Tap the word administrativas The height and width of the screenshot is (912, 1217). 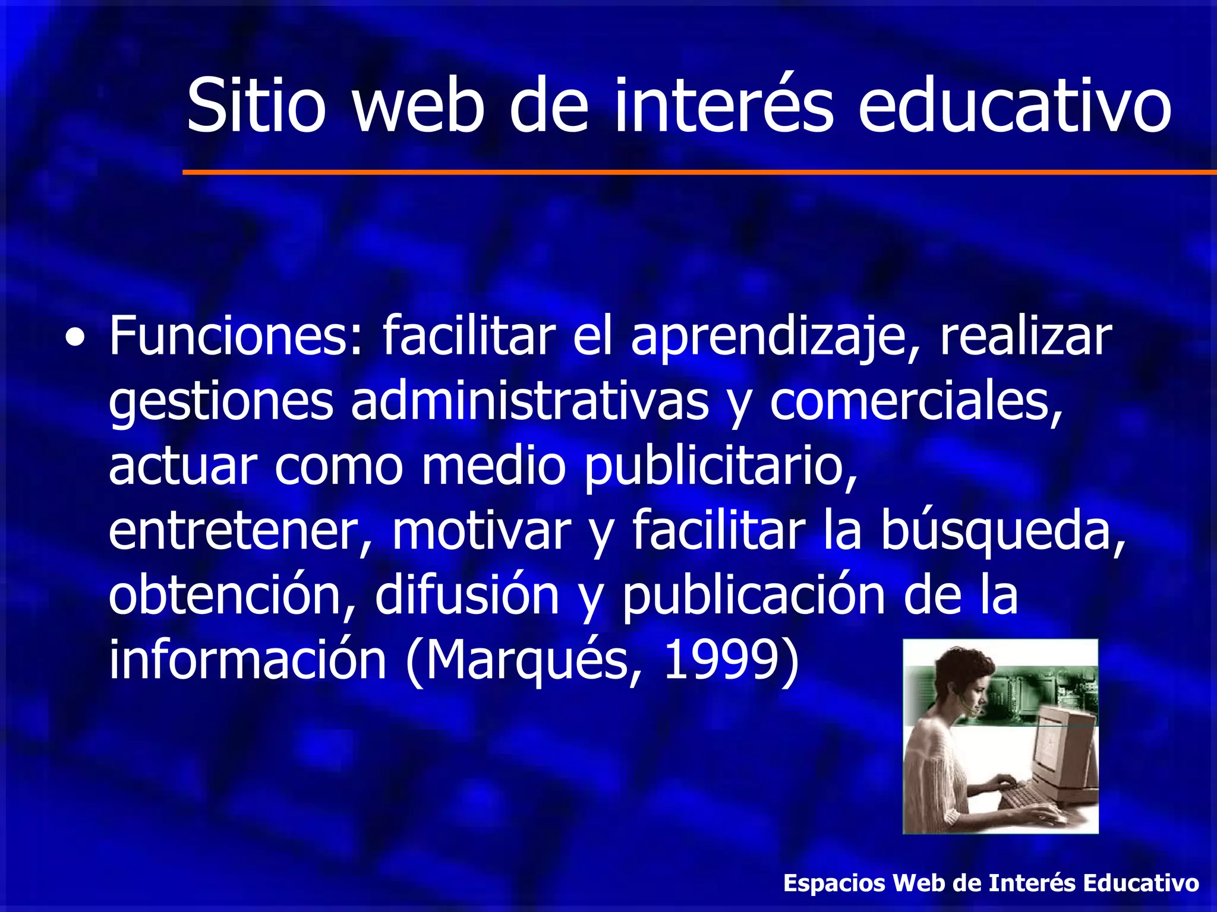pyautogui.click(x=529, y=403)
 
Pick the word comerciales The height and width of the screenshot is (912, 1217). pyautogui.click(x=916, y=403)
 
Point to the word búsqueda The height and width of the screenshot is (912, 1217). pyautogui.click(x=1002, y=531)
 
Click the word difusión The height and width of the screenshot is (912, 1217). pyautogui.click(x=467, y=596)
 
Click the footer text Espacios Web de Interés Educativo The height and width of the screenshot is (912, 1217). pyautogui.click(x=991, y=883)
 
